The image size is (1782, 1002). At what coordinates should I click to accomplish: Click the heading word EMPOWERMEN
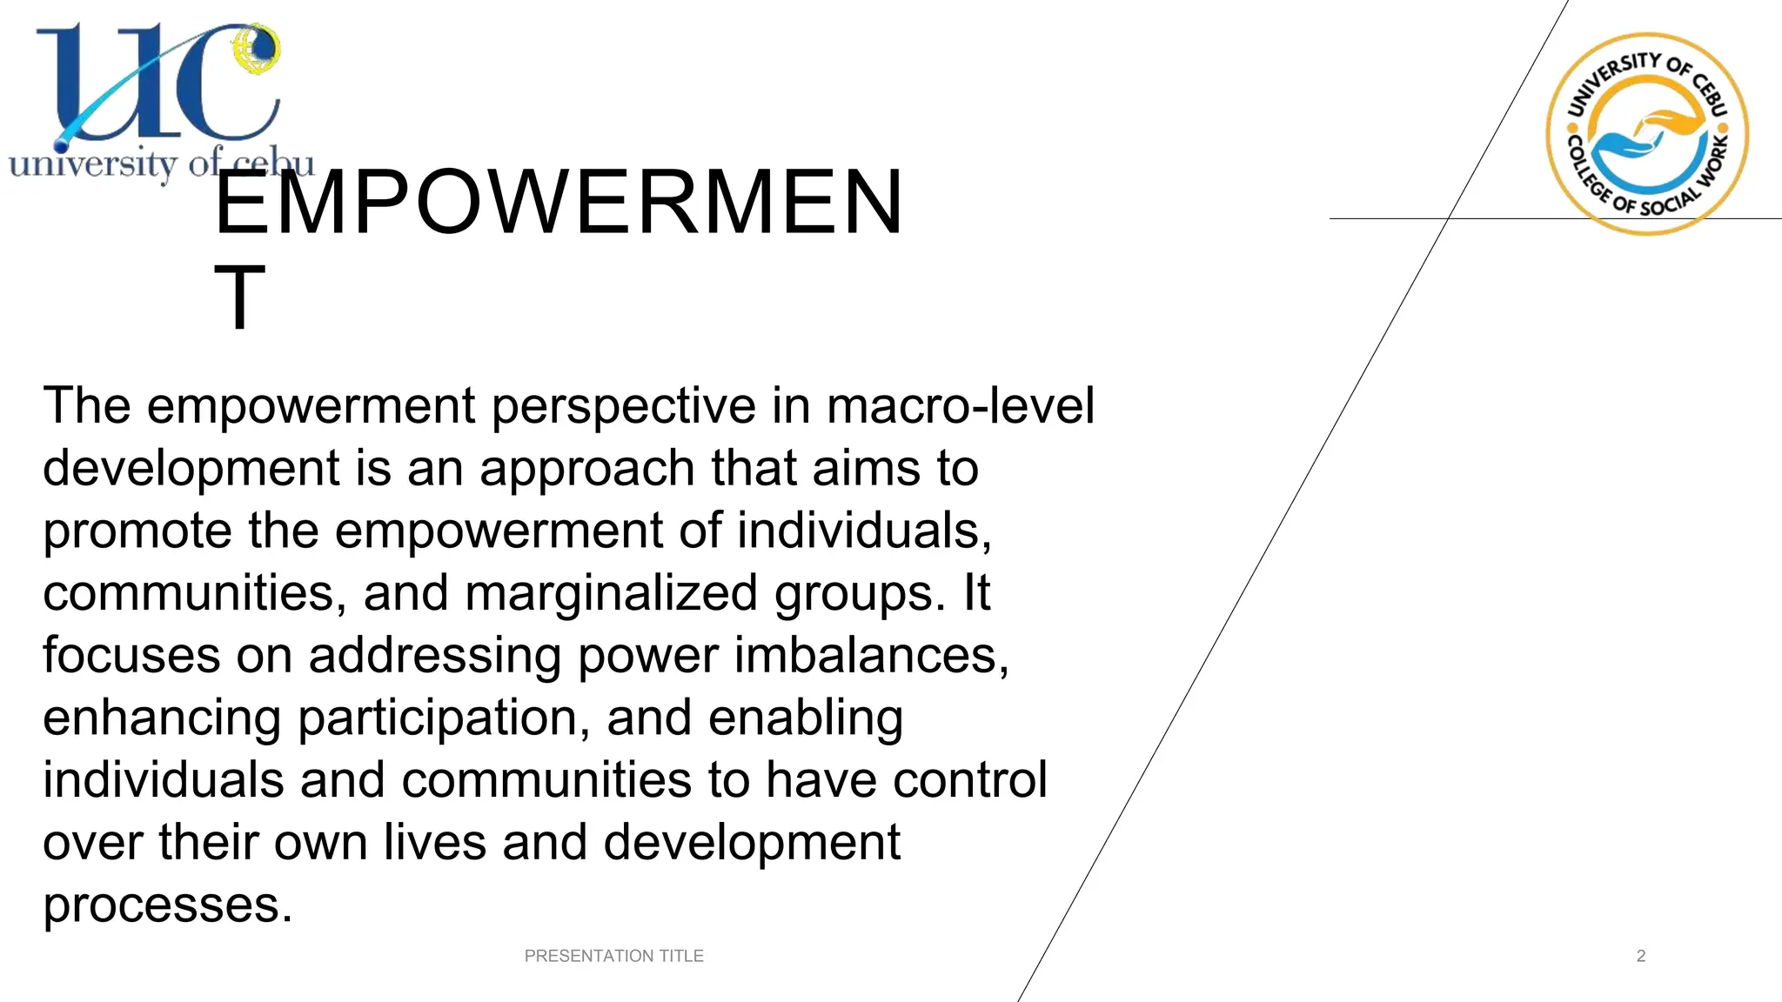point(559,203)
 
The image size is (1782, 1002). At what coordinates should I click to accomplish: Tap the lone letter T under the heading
point(239,297)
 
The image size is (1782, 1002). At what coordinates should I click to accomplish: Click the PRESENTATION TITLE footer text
point(613,956)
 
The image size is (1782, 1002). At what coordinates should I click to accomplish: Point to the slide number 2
point(1641,956)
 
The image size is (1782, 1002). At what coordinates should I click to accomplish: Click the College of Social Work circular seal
point(1647,134)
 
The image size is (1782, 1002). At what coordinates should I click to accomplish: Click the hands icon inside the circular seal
point(1647,135)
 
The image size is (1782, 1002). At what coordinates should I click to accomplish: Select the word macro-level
point(960,406)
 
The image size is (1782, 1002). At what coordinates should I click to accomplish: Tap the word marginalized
point(611,593)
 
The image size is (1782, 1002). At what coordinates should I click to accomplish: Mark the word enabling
point(805,718)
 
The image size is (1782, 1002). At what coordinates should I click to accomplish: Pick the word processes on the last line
point(167,905)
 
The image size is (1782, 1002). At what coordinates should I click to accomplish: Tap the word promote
point(137,531)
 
